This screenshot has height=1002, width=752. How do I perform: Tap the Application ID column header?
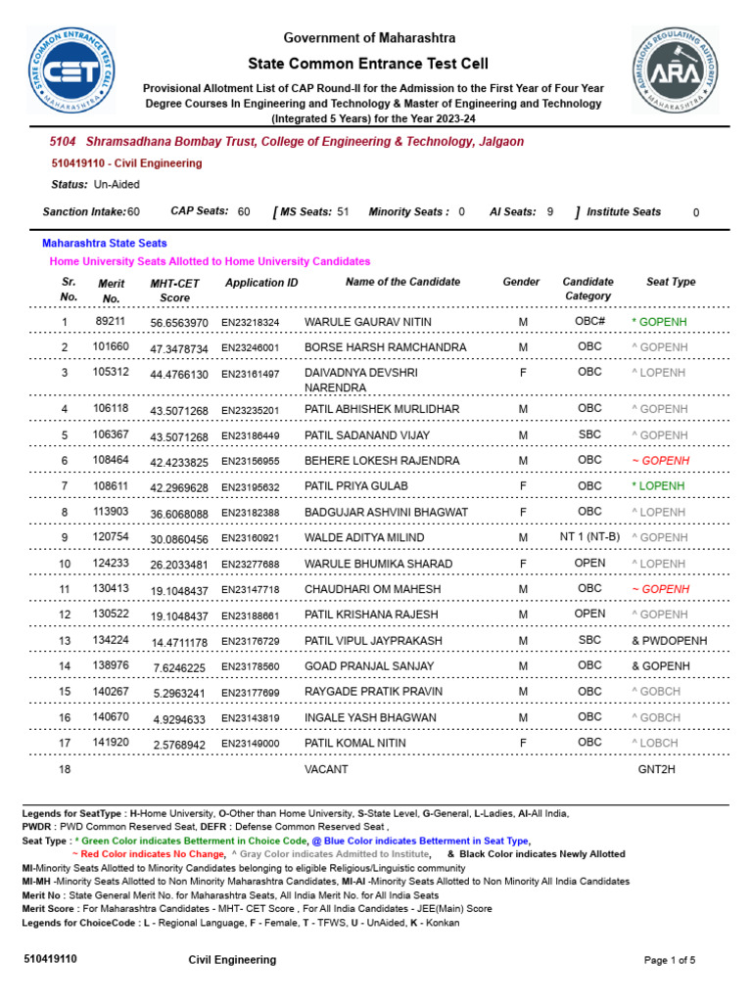click(261, 283)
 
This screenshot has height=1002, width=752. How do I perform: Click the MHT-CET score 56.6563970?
click(179, 323)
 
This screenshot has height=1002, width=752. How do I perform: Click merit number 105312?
click(111, 373)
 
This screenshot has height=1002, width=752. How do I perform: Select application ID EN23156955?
click(250, 461)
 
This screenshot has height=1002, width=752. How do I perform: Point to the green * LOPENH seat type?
click(658, 486)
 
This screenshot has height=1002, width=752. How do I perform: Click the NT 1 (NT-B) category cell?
click(589, 537)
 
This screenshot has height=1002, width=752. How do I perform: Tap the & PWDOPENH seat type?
click(670, 641)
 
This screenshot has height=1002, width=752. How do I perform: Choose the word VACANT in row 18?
click(326, 770)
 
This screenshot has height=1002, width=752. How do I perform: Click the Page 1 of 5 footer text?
click(669, 961)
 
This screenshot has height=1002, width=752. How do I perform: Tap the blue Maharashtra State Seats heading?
click(104, 243)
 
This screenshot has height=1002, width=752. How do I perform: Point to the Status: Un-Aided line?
click(95, 185)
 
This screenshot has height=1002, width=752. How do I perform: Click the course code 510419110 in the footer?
click(50, 960)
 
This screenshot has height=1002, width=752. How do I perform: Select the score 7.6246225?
click(179, 667)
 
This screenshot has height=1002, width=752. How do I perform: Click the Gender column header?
click(521, 282)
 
